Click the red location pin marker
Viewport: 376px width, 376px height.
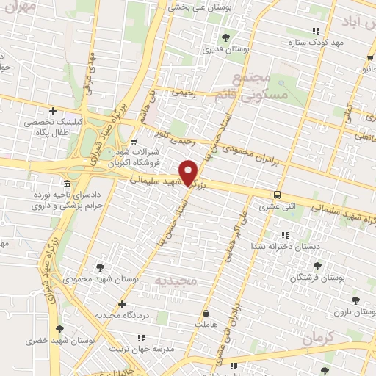click(x=189, y=172)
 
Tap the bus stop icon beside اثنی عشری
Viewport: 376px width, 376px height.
click(x=277, y=195)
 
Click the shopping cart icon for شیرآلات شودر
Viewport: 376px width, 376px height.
click(x=133, y=142)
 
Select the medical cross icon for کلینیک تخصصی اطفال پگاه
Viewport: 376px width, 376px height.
click(x=52, y=111)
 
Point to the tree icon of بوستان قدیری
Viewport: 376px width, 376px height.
click(x=226, y=37)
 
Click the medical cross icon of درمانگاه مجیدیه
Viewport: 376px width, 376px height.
click(x=122, y=304)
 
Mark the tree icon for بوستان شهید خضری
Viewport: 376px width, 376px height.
click(x=59, y=329)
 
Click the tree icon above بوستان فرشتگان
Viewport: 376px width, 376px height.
click(x=317, y=267)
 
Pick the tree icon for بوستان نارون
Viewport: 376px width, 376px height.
click(x=355, y=300)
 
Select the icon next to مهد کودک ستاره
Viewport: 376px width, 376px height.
click(x=316, y=31)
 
